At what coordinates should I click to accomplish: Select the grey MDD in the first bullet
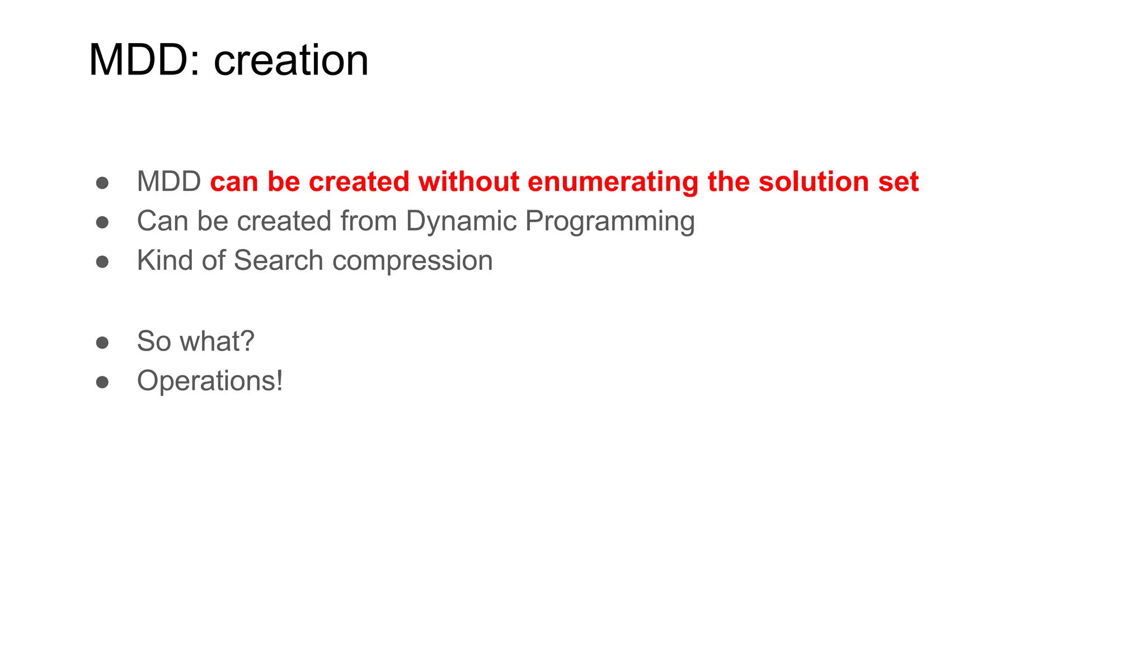169,182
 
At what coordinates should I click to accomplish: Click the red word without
469,182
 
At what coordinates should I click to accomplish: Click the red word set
898,182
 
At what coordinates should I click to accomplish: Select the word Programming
610,222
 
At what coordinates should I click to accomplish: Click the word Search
278,261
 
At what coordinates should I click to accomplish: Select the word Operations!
210,382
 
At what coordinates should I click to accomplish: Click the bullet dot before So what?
102,342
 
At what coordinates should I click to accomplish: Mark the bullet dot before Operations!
102,382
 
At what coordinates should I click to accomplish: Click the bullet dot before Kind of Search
102,261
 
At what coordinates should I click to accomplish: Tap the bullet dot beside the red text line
102,183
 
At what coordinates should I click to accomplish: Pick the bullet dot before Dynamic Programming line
102,222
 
